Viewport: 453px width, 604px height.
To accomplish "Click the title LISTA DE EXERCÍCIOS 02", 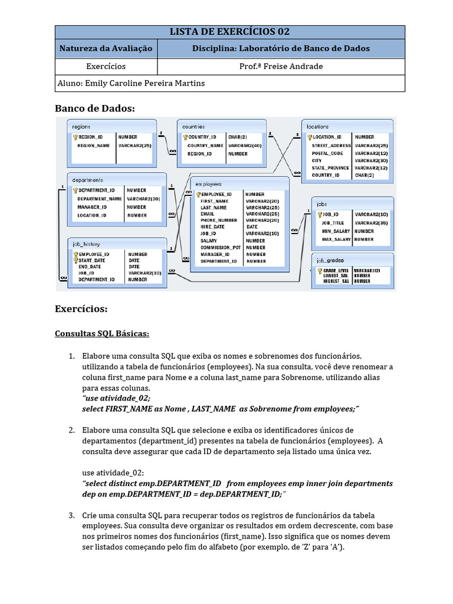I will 229,32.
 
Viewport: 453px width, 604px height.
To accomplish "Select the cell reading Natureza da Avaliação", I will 106,48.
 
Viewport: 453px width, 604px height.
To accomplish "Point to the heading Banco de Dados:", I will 95,108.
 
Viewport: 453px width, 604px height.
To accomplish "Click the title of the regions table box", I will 81,126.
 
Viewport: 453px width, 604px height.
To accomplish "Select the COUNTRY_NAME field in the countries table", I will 205,145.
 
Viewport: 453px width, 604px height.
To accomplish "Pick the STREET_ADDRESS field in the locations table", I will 331,145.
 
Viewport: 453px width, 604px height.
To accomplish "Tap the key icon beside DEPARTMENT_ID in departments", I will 75,191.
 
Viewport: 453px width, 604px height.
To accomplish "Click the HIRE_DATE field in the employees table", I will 212,226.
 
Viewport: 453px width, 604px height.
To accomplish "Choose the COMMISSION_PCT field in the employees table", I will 221,248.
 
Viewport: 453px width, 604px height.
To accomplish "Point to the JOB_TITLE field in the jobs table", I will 333,223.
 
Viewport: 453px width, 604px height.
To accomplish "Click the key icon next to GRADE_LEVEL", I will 319,271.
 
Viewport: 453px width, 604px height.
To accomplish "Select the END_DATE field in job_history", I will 90,267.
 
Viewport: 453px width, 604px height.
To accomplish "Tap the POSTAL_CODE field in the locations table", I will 323,153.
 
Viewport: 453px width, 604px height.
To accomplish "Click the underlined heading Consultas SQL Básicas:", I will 102,334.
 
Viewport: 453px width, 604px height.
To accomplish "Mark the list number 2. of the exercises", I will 71,430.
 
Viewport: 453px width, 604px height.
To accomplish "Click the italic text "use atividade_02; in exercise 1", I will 112,398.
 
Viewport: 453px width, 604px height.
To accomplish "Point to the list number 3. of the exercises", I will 71,516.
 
